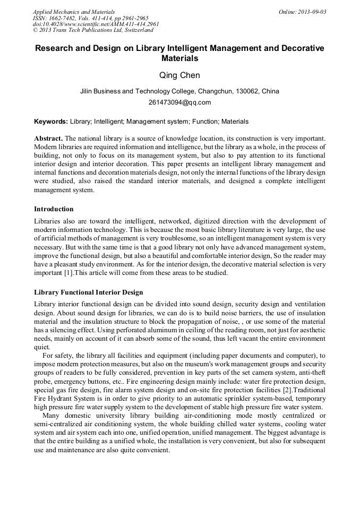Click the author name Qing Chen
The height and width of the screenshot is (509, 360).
(179, 75)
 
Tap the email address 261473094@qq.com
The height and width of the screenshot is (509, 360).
(179, 102)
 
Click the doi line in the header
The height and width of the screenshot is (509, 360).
(96, 24)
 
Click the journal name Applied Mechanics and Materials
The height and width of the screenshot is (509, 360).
(73, 12)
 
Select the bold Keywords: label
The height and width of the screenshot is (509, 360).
(51, 122)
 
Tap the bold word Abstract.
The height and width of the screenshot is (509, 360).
(48, 137)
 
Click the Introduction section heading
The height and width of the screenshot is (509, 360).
(54, 209)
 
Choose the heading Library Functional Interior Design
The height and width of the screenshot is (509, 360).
(88, 292)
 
